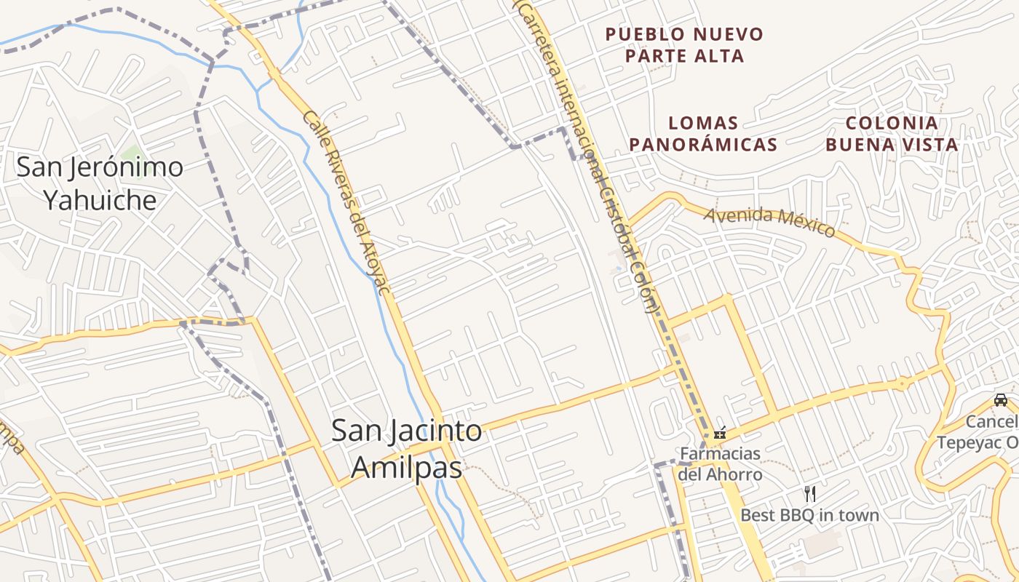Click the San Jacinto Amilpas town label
(x=406, y=449)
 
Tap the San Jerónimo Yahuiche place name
(x=100, y=183)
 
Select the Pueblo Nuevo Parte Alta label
(x=684, y=44)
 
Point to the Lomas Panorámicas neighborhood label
(x=703, y=134)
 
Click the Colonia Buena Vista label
(x=892, y=134)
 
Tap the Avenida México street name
(x=769, y=222)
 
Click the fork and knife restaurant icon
(x=809, y=494)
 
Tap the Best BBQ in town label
(x=809, y=515)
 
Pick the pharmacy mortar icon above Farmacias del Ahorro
(x=720, y=432)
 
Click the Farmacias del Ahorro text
(x=720, y=464)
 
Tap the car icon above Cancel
(x=1001, y=399)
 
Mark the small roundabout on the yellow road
(x=903, y=383)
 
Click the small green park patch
(x=132, y=153)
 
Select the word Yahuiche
(x=100, y=199)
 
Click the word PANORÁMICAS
(x=703, y=144)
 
